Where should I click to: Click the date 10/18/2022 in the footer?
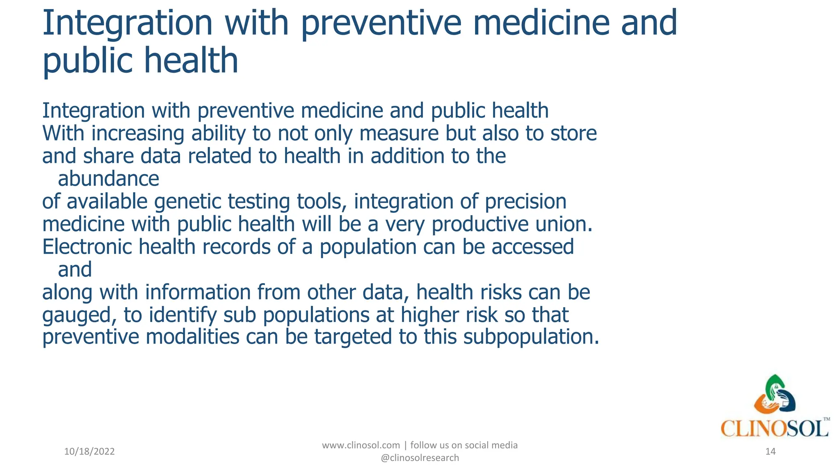pos(89,452)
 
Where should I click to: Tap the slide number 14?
pos(770,452)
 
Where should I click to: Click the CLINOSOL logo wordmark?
pos(774,429)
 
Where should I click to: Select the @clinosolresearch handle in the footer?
pos(420,458)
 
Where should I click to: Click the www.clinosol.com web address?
pos(361,445)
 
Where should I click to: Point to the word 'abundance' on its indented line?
pos(108,179)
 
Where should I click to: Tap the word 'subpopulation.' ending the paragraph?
pos(531,337)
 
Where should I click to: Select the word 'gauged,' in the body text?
pos(77,315)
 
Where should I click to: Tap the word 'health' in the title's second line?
pos(191,60)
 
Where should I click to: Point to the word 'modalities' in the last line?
pos(192,337)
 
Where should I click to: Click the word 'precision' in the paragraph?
pos(525,202)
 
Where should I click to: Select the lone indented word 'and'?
pos(75,270)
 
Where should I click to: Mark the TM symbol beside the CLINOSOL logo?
pos(826,419)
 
